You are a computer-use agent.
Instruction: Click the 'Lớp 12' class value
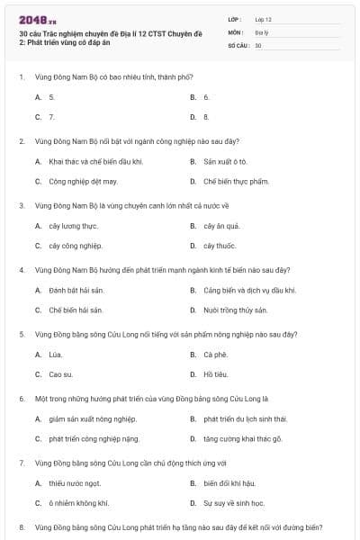click(x=263, y=19)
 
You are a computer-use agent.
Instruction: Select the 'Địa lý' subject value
click(x=261, y=31)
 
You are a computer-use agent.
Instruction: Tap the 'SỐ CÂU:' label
click(x=238, y=44)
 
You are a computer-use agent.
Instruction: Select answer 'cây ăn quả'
click(x=221, y=226)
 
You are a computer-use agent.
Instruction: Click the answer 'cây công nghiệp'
click(x=76, y=245)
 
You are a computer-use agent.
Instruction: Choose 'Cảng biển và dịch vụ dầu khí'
click(x=249, y=291)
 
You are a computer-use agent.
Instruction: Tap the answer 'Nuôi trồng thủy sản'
click(x=236, y=310)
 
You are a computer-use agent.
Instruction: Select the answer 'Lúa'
click(x=56, y=355)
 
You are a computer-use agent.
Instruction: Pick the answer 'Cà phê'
click(x=215, y=355)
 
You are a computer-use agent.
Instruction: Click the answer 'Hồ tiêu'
click(x=215, y=373)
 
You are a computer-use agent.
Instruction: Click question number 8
click(x=22, y=527)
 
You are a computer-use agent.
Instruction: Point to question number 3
click(x=22, y=205)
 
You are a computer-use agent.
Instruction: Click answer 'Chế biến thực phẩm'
click(x=236, y=180)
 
